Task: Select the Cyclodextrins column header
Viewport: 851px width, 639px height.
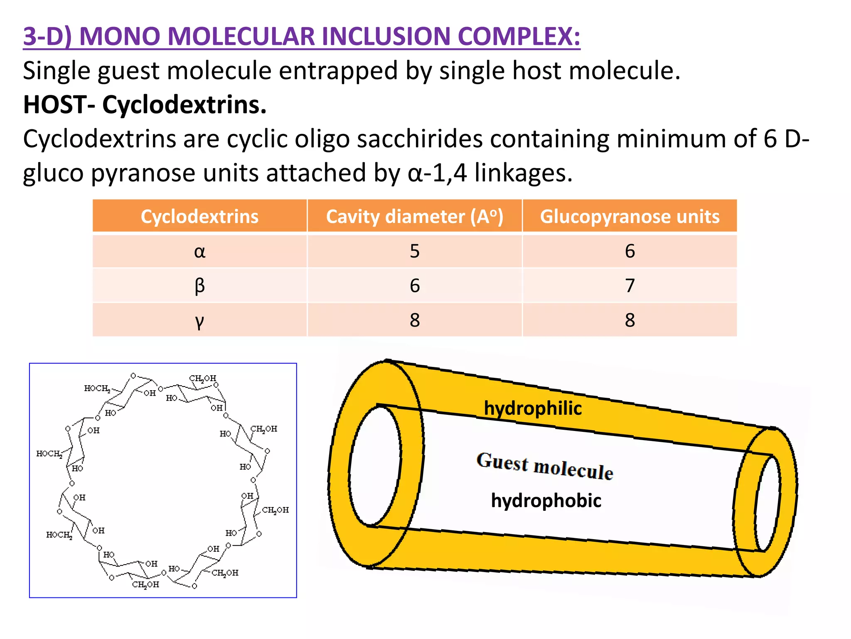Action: pos(199,216)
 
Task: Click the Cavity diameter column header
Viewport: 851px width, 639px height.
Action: pos(414,216)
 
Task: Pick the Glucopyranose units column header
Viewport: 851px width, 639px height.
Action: pos(630,216)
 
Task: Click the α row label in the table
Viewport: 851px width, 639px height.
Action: pos(199,251)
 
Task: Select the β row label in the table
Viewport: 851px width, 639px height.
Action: pos(199,286)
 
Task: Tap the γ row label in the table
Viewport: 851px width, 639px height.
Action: pos(199,320)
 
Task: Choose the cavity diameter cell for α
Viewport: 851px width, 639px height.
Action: pos(414,251)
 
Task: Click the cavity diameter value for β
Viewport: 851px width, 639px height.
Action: pos(414,286)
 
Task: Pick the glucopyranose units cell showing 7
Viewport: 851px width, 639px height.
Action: pos(630,286)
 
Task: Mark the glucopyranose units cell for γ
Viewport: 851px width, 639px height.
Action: pos(630,320)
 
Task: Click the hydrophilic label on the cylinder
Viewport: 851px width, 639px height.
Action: pos(533,408)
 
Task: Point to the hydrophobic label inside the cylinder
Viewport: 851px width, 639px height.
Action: pos(546,500)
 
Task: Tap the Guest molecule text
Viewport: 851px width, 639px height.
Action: pos(545,466)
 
